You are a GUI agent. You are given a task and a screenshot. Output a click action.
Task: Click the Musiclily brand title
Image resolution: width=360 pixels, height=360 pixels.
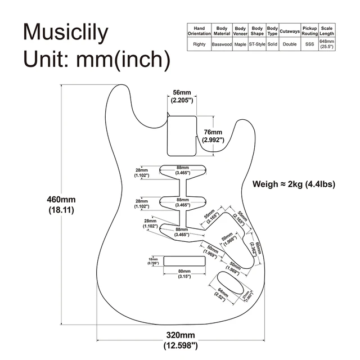65,33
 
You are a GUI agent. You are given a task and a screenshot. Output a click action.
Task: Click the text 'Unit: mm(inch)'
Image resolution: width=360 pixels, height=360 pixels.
96,58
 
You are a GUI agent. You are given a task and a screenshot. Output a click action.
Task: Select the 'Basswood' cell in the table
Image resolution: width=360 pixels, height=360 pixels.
221,44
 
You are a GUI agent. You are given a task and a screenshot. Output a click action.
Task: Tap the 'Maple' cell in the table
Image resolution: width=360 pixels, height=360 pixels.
241,44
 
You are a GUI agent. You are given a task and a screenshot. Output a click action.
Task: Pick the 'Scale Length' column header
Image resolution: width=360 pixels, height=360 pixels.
327,30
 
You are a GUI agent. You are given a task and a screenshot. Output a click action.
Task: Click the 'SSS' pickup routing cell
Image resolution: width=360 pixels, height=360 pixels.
309,44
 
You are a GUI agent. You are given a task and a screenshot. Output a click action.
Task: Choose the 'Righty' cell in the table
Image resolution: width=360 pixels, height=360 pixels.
199,44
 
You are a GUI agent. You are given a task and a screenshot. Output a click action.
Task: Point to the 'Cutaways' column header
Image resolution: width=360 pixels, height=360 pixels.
290,30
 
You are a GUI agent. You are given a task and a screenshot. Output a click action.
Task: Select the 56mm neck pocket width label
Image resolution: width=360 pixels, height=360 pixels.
182,96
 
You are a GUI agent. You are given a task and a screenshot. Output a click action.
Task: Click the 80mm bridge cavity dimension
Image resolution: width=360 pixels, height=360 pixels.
184,273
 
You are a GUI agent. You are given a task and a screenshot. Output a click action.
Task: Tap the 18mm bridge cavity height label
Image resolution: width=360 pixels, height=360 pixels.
153,261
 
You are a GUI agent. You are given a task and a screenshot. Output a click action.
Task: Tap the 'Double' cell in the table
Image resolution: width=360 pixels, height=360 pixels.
290,44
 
